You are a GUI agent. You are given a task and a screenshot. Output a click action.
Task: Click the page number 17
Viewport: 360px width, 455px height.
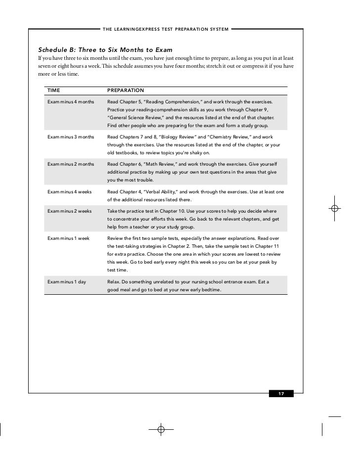tap(281, 394)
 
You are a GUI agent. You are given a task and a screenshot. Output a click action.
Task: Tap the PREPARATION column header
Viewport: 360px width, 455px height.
tap(126, 91)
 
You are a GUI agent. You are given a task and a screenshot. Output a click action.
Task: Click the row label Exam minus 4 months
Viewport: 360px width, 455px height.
tap(70, 101)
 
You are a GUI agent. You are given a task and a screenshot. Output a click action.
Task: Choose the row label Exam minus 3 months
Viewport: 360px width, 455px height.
tap(70, 136)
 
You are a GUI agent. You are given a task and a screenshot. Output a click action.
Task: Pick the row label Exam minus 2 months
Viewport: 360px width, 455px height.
tap(70, 163)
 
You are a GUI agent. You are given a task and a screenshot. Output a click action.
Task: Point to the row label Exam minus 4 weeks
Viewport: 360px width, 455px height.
tap(69, 191)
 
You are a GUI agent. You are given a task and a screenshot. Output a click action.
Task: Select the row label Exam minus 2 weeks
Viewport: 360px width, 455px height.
tap(69, 211)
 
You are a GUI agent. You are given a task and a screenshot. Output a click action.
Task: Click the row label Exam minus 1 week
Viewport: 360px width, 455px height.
tap(68, 238)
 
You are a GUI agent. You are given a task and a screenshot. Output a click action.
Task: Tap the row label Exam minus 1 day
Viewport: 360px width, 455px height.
tap(67, 282)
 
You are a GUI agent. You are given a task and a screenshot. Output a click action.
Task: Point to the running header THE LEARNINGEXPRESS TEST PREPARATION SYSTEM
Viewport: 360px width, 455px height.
tap(165, 29)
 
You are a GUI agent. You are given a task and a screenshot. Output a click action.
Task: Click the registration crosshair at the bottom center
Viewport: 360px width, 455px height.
tap(161, 429)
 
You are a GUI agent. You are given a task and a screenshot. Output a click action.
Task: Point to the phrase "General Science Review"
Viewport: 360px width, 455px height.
tap(138, 119)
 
